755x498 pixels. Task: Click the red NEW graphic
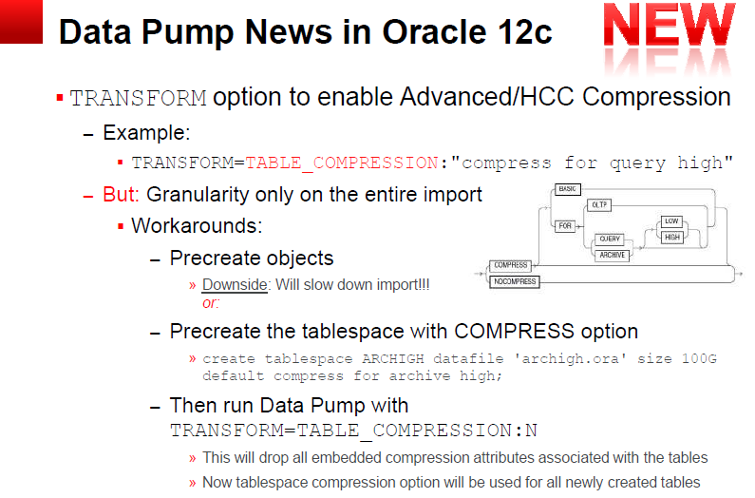pos(670,25)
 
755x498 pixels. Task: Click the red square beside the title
pos(21,22)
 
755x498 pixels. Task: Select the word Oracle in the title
pos(434,32)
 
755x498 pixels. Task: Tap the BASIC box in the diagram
pos(568,189)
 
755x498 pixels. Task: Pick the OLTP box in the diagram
pos(599,205)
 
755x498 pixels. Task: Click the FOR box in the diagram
pos(565,225)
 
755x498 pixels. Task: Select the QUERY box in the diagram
pos(610,239)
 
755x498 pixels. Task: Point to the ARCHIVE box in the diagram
pos(612,255)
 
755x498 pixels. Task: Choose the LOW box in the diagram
pos(671,221)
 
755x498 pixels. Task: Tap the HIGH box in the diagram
pos(671,238)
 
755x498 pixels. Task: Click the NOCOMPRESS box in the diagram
pos(514,281)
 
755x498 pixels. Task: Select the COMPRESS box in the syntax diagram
pos(510,265)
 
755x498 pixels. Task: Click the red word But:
pos(121,194)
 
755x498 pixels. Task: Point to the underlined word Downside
pos(235,284)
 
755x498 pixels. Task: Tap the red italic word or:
pos(211,303)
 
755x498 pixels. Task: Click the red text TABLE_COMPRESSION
pos(342,163)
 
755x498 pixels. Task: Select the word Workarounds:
pos(197,225)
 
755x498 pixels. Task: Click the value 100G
pos(699,358)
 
